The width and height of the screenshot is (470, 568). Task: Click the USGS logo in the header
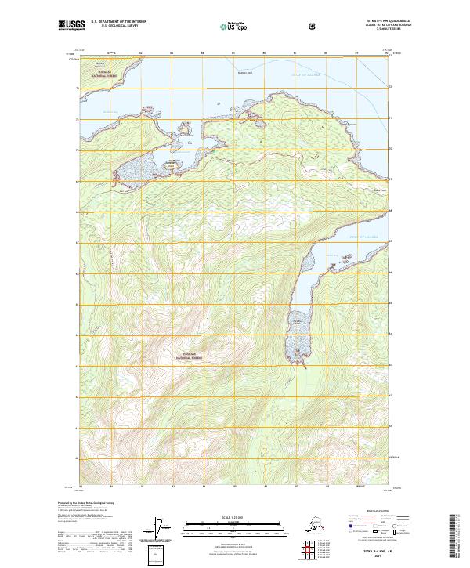tap(68, 25)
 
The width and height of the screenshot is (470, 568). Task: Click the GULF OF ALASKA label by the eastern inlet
tap(364, 236)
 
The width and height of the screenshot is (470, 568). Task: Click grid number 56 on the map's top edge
tap(264, 52)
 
